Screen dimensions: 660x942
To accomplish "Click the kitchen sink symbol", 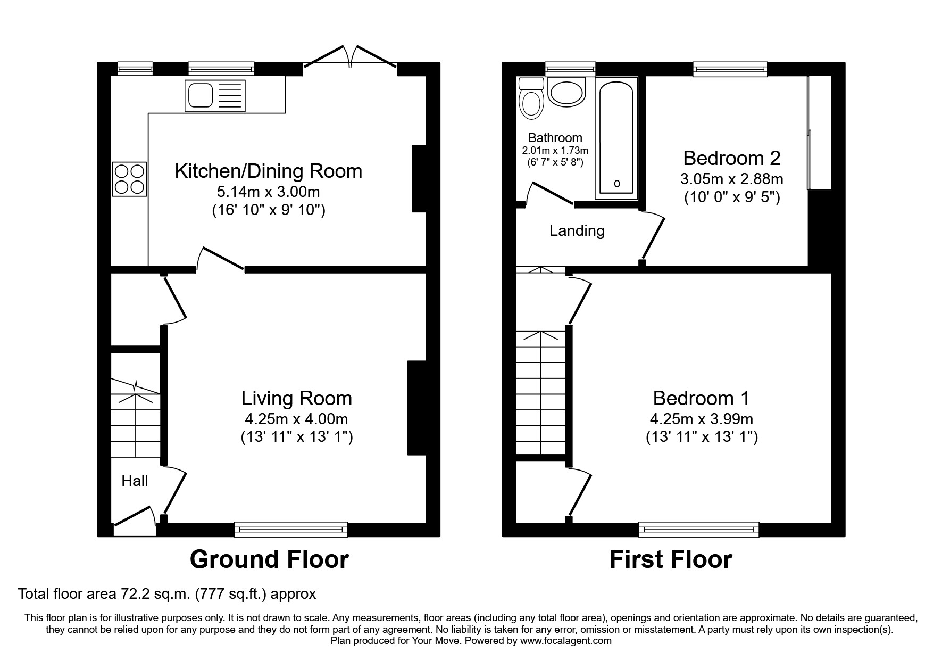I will coord(215,96).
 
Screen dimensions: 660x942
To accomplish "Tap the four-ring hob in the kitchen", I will coord(129,179).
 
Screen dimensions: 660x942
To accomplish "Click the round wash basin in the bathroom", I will coord(566,93).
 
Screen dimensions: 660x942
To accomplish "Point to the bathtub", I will coord(616,138).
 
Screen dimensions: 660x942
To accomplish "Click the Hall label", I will coord(135,481).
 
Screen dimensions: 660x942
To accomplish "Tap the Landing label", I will coord(577,230).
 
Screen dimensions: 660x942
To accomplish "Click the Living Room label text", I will coord(296,398).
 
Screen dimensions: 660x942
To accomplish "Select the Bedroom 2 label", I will coord(731,158).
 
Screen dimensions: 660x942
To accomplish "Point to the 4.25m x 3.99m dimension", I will coord(701,419).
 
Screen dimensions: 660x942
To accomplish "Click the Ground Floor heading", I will coord(269,559).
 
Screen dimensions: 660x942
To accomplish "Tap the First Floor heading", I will coord(670,559).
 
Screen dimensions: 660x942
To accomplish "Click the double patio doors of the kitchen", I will coord(350,57).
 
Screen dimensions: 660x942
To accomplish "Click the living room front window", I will coord(290,529).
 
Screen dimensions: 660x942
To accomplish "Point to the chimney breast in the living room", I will coord(416,408).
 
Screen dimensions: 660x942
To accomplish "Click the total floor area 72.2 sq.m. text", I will coord(167,593).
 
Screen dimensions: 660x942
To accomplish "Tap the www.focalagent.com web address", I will coord(565,641).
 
